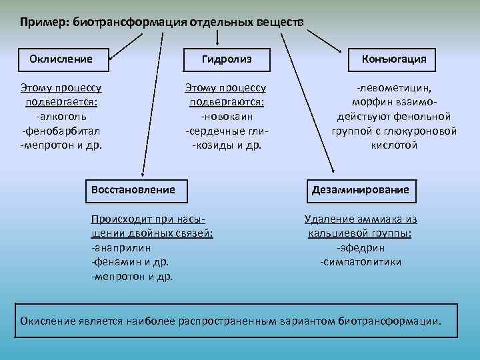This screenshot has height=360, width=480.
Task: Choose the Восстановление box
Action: [x=136, y=190]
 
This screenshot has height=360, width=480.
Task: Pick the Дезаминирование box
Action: [x=361, y=190]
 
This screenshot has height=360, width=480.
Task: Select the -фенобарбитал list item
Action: [x=61, y=131]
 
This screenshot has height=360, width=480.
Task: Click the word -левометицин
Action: [x=394, y=88]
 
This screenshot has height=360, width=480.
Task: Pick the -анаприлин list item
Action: [x=119, y=247]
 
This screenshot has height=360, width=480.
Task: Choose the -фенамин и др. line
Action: [x=130, y=261]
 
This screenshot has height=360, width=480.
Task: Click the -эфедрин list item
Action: [x=361, y=247]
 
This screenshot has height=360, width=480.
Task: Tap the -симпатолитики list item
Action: [x=361, y=261]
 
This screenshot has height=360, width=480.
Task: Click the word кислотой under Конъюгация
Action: [x=394, y=145]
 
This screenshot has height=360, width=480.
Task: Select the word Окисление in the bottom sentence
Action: [x=47, y=321]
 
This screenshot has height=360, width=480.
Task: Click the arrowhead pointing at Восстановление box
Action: [x=141, y=173]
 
